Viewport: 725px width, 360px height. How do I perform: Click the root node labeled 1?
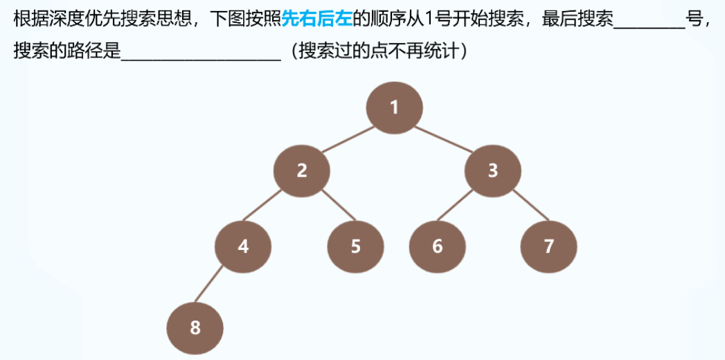pos(395,108)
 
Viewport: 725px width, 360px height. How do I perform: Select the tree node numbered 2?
pos(302,171)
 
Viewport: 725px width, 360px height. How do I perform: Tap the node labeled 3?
pos(492,171)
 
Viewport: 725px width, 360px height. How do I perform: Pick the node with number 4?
pos(243,246)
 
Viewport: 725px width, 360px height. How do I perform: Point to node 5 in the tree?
pos(355,246)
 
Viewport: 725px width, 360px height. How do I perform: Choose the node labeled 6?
pos(437,246)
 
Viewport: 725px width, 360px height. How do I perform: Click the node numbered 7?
pos(548,246)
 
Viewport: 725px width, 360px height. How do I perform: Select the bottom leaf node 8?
pos(195,327)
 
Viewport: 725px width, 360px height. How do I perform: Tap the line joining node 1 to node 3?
pos(444,139)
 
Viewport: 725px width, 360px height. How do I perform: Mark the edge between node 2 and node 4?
pos(272,209)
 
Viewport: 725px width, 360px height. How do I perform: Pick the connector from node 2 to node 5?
pos(329,209)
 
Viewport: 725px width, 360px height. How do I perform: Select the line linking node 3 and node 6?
pos(465,209)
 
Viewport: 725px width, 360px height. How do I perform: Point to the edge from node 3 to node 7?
pos(521,209)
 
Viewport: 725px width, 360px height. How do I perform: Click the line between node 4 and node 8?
pos(219,287)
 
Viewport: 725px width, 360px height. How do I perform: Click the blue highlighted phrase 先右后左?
pos(317,19)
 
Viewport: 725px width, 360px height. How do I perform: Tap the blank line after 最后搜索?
pos(648,21)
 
